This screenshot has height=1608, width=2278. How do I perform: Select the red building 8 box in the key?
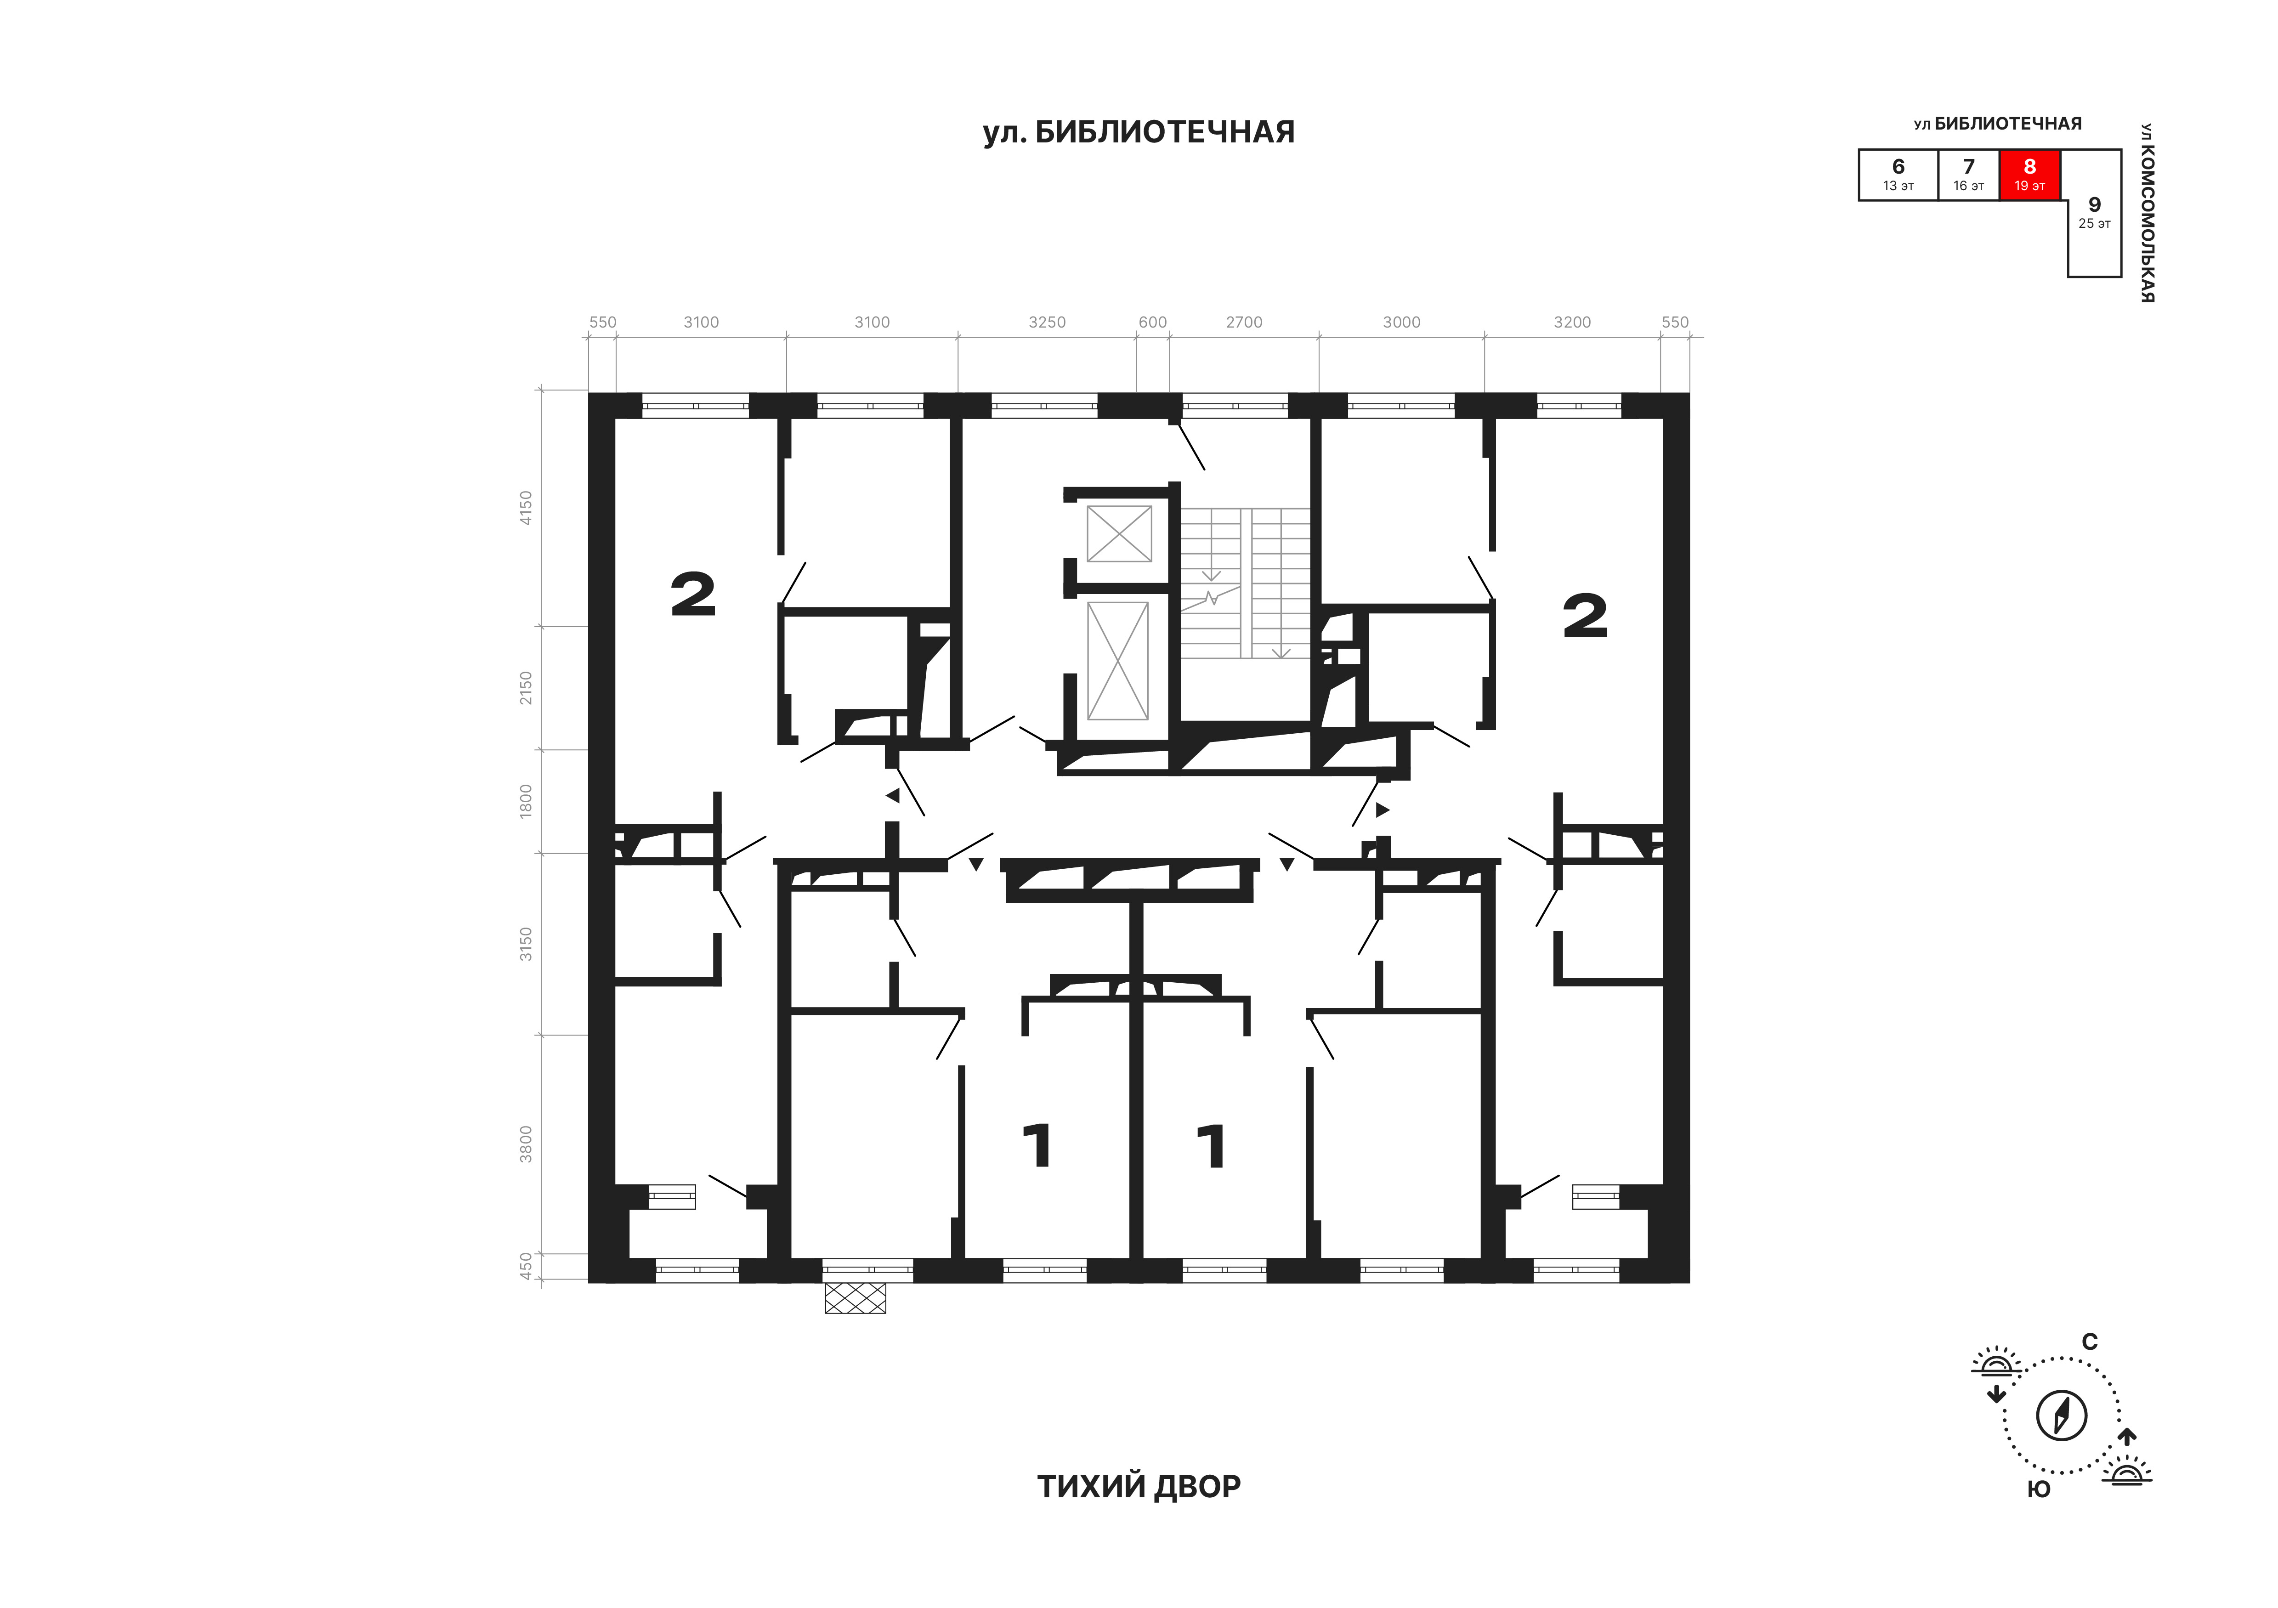coord(2030,175)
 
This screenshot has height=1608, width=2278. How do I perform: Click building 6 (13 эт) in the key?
coord(1898,175)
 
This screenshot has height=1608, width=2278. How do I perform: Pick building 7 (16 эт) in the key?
coord(1969,175)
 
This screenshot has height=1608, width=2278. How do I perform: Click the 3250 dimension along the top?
coord(1047,323)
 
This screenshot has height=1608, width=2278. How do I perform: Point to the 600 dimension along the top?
coord(1153,323)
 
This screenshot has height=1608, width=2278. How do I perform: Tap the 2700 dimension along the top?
coord(1244,323)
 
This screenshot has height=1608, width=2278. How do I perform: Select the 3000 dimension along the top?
coord(1402,323)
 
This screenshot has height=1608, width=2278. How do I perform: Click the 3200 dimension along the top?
coord(1573,323)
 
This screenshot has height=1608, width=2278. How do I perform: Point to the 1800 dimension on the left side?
coord(526,799)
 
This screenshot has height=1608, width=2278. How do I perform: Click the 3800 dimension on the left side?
coord(526,1144)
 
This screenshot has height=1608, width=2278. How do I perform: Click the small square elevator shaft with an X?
coord(1119,534)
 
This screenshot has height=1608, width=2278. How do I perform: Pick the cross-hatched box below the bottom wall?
coord(855,1297)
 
